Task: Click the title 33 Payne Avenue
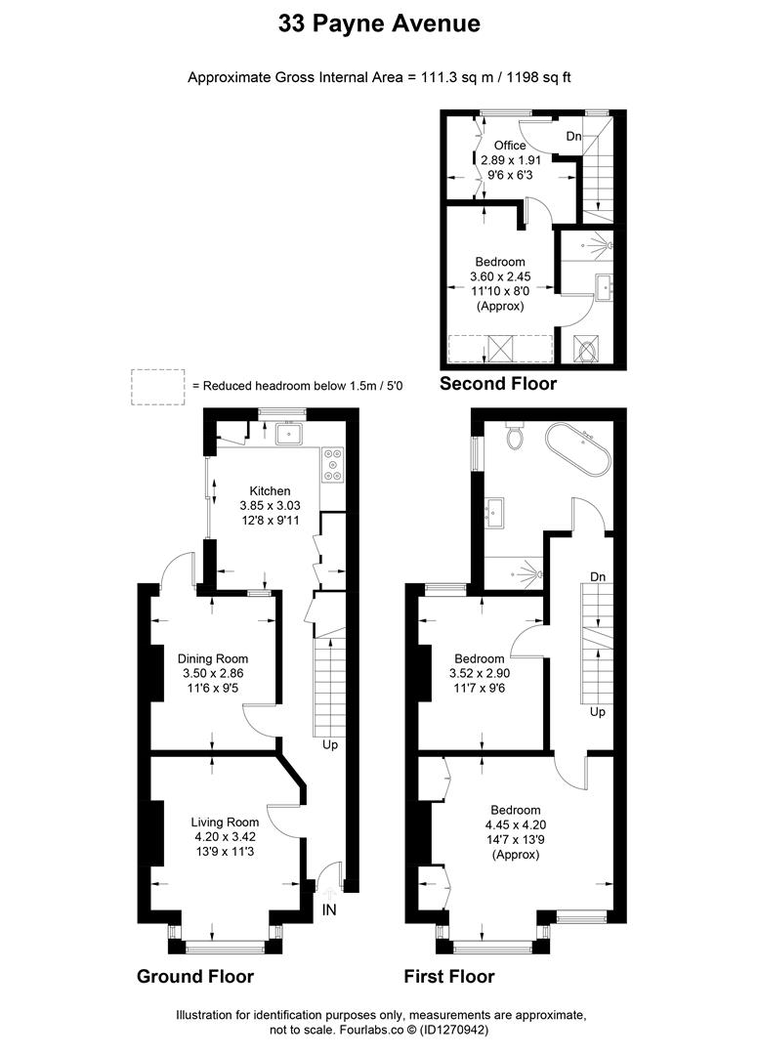pyautogui.click(x=379, y=24)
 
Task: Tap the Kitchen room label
pyautogui.click(x=270, y=490)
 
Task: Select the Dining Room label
pyautogui.click(x=215, y=657)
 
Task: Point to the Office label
pyautogui.click(x=509, y=145)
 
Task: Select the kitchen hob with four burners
pyautogui.click(x=332, y=465)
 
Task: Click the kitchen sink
pyautogui.click(x=289, y=433)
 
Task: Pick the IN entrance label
pyautogui.click(x=329, y=909)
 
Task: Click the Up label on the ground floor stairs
pyautogui.click(x=331, y=744)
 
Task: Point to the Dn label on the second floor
pyautogui.click(x=573, y=137)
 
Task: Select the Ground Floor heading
pyautogui.click(x=195, y=976)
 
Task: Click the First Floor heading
pyautogui.click(x=449, y=976)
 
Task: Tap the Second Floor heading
pyautogui.click(x=498, y=384)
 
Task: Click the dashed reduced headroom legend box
pyautogui.click(x=158, y=386)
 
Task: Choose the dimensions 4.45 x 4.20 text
pyautogui.click(x=515, y=824)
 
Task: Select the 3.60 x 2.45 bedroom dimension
pyautogui.click(x=500, y=276)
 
